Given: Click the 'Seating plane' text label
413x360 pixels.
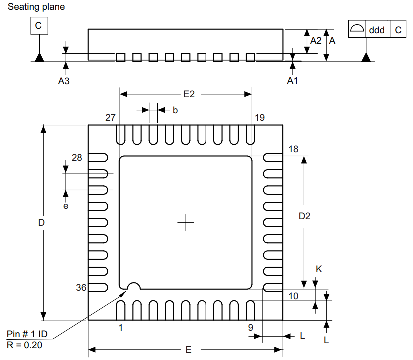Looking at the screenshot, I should click(36, 7).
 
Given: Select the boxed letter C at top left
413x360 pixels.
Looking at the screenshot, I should click(39, 25).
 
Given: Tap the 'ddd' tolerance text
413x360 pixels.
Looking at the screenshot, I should click(377, 30).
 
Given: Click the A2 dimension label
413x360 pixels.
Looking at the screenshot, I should click(316, 41).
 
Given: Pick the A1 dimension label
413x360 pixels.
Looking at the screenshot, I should click(292, 81).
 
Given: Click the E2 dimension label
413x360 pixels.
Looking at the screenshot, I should click(189, 94).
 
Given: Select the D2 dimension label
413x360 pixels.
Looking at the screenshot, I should click(304, 216).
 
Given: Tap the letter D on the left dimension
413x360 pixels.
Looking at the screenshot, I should click(42, 222).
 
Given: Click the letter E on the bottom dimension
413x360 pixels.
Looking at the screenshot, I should click(188, 350).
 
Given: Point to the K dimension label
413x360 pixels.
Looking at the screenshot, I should click(319, 269).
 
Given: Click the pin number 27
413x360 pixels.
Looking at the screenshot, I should click(110, 118).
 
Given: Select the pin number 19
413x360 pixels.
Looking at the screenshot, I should click(259, 118).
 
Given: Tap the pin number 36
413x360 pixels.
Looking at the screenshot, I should click(81, 288).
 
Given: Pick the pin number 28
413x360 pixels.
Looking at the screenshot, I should click(77, 158).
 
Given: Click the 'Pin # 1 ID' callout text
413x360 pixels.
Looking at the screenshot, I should click(27, 334).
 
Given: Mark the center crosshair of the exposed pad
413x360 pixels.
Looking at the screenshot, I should click(185, 222).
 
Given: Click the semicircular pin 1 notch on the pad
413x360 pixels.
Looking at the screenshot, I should click(133, 286).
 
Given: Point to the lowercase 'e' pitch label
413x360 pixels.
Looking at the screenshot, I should click(65, 205).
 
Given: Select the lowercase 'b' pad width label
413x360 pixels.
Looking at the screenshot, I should click(175, 110).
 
